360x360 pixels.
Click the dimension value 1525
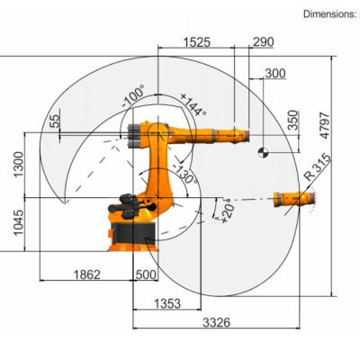(x=197, y=42)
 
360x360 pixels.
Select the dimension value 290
(x=264, y=42)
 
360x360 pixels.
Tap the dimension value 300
(x=275, y=74)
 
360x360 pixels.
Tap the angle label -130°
(x=184, y=174)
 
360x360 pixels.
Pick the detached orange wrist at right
(x=292, y=200)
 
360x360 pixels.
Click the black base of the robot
(x=135, y=234)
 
